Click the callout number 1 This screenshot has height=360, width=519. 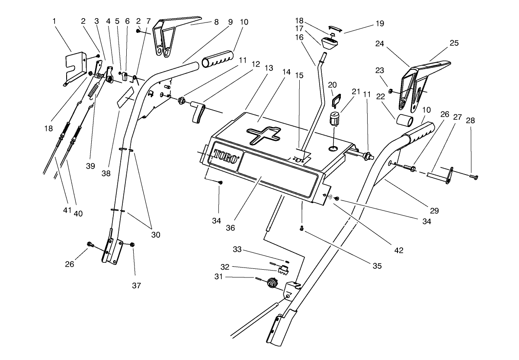point(54,21)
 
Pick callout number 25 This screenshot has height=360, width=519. point(454,43)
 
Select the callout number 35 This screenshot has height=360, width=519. point(377,265)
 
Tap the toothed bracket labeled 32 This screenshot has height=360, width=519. point(284,271)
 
